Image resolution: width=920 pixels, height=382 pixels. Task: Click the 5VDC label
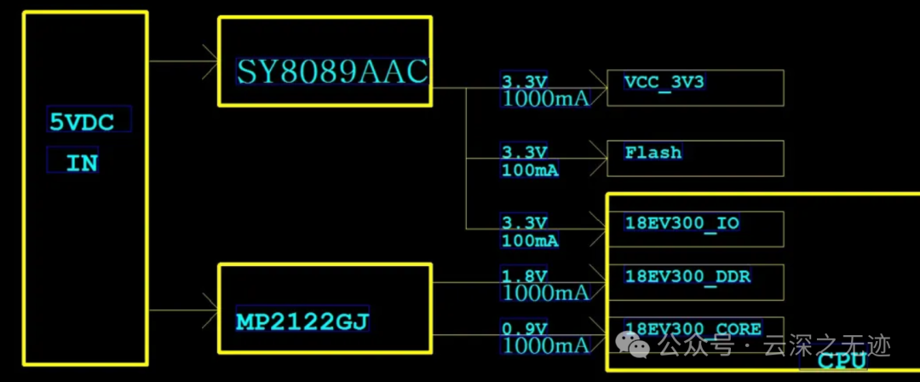coord(82,122)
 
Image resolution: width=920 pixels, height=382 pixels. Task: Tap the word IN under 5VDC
coord(82,162)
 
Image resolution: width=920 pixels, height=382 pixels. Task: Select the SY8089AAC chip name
coord(332,72)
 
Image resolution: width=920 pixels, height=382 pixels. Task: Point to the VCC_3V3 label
coord(664,83)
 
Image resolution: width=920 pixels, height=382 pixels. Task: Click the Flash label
coord(653,153)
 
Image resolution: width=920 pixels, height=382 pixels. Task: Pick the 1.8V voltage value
coord(525,276)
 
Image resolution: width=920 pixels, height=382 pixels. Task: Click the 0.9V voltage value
coord(525,329)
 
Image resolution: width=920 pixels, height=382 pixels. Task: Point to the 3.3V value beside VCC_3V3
coord(525,82)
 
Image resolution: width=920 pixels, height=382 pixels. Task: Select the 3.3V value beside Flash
coord(525,153)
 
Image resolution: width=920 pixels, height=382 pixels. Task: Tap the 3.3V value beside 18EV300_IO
coord(525,223)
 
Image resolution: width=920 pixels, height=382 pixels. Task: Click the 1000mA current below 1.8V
coord(546,293)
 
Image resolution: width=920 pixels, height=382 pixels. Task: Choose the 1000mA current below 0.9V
coord(546,345)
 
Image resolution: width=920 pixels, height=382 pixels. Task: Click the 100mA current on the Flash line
coord(531,171)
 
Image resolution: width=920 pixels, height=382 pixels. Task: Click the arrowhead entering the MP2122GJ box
coord(211,303)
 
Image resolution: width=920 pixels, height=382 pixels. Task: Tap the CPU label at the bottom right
coord(842,361)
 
